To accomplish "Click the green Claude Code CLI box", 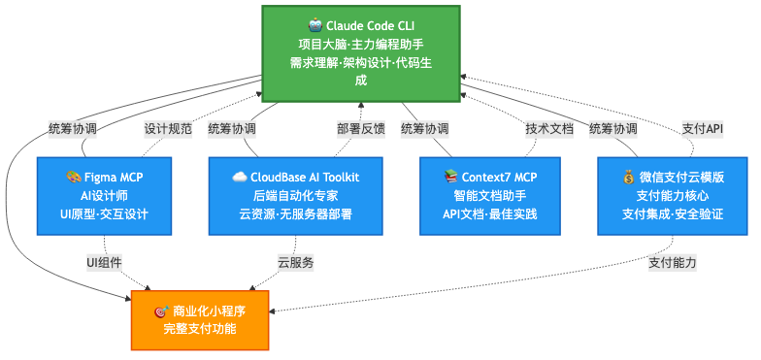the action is (361, 53).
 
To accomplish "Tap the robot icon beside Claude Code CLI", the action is (315, 25).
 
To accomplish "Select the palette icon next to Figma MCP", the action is (74, 178).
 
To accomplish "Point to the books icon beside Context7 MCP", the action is (450, 178).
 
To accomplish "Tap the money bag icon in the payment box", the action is (629, 178).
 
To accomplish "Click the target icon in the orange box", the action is (161, 311).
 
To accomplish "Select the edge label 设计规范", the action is (168, 129).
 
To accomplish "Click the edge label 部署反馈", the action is (361, 129).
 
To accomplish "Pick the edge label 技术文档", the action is (549, 129).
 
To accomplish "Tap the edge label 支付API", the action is (703, 129).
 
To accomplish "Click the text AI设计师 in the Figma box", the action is (105, 196).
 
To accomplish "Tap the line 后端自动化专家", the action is (295, 196).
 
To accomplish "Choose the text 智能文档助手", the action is (489, 196).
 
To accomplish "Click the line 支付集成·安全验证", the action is (673, 213).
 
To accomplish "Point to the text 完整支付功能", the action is (200, 329).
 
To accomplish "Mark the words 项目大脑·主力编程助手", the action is (361, 45).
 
